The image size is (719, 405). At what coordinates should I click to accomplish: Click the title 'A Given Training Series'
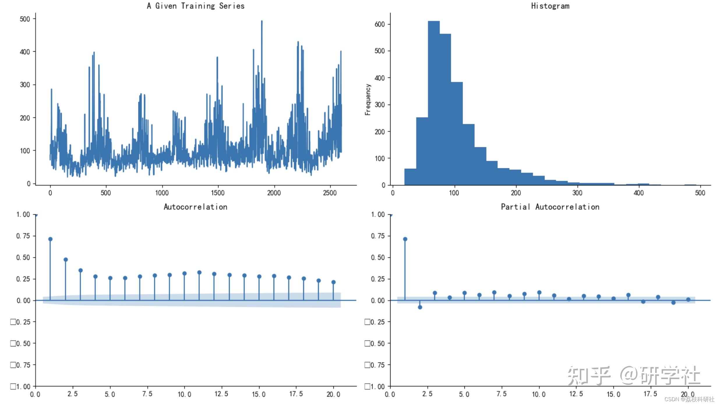[195, 6]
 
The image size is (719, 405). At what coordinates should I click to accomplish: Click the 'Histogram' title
[550, 6]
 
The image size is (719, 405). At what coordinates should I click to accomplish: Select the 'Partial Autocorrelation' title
[550, 207]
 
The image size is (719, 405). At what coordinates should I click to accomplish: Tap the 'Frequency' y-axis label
[368, 99]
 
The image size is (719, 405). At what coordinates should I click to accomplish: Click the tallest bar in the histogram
[434, 102]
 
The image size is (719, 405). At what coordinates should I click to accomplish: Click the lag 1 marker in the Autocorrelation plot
[50, 239]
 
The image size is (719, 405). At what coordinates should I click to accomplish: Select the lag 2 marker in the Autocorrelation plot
[66, 260]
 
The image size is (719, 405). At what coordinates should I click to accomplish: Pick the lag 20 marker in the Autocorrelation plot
[333, 282]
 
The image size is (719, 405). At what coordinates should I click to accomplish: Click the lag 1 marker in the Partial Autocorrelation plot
[405, 239]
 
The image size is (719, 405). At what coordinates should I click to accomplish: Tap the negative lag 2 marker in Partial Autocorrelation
[420, 307]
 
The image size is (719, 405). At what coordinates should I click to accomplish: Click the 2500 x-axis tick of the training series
[330, 193]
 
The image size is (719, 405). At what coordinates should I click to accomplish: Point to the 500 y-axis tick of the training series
[25, 19]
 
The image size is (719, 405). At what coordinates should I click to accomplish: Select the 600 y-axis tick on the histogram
[380, 24]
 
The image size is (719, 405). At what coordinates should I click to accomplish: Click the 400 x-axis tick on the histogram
[639, 193]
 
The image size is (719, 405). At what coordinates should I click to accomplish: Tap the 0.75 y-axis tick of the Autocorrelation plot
[23, 236]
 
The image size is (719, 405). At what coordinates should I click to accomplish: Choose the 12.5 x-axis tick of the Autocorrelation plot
[221, 394]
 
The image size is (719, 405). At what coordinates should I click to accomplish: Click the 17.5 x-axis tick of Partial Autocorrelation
[650, 394]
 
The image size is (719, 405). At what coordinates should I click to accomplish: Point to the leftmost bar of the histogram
[410, 177]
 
